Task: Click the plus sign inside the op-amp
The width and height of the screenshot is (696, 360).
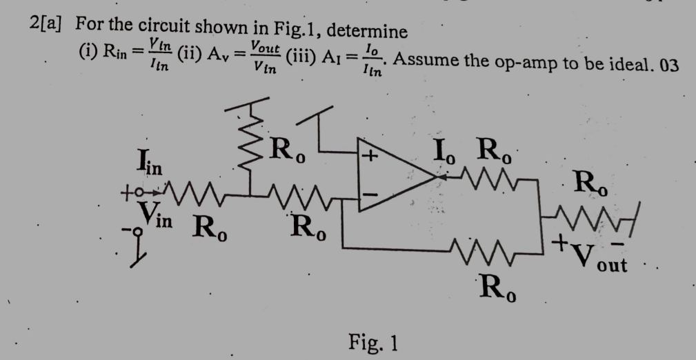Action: (x=371, y=156)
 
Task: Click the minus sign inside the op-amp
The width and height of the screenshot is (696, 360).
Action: (x=371, y=196)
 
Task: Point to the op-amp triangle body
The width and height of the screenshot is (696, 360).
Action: (x=393, y=177)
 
